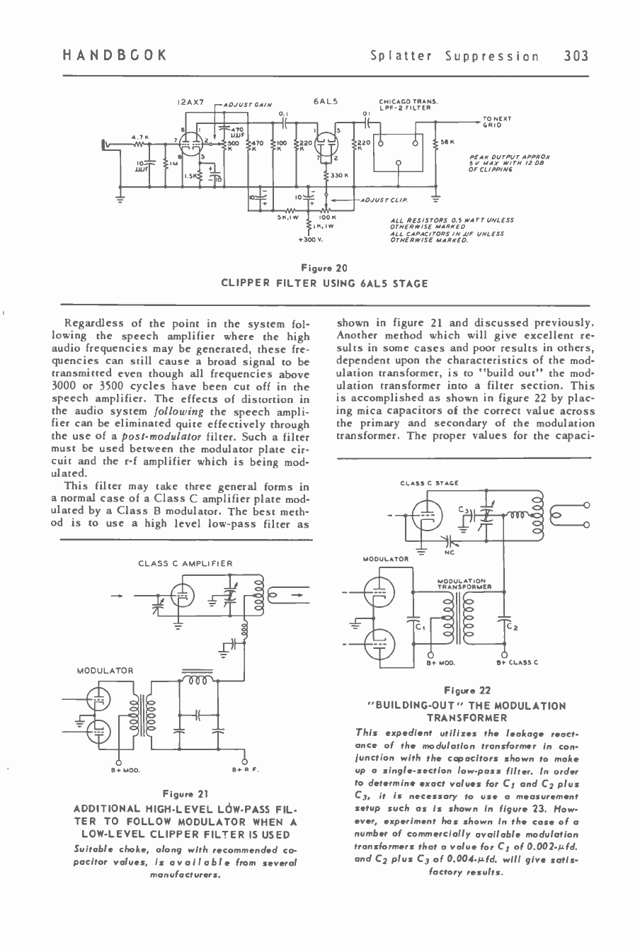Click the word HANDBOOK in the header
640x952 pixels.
coord(114,56)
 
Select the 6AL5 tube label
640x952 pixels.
coord(326,103)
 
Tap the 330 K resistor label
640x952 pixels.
coord(341,174)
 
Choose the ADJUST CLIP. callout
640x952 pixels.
coord(378,200)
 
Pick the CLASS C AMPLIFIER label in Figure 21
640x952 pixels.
coord(185,563)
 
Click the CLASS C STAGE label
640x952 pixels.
coord(429,484)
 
